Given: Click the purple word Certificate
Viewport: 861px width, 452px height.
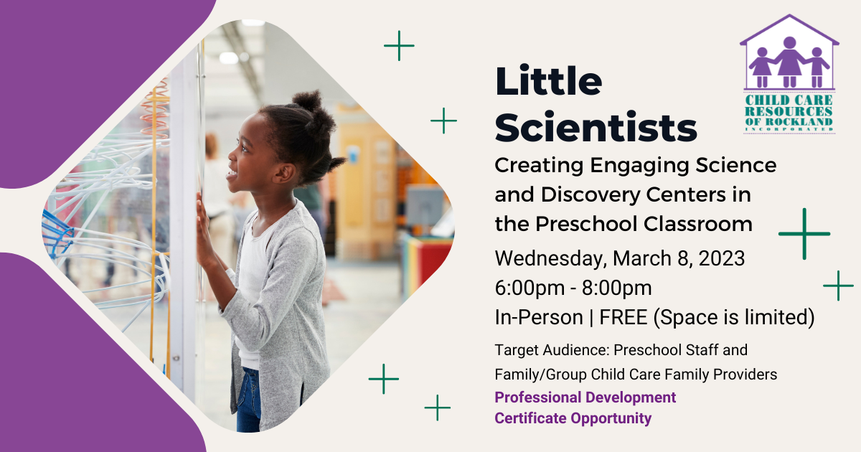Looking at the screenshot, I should (x=535, y=418).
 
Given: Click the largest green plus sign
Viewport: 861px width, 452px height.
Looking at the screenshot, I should (x=804, y=234).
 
